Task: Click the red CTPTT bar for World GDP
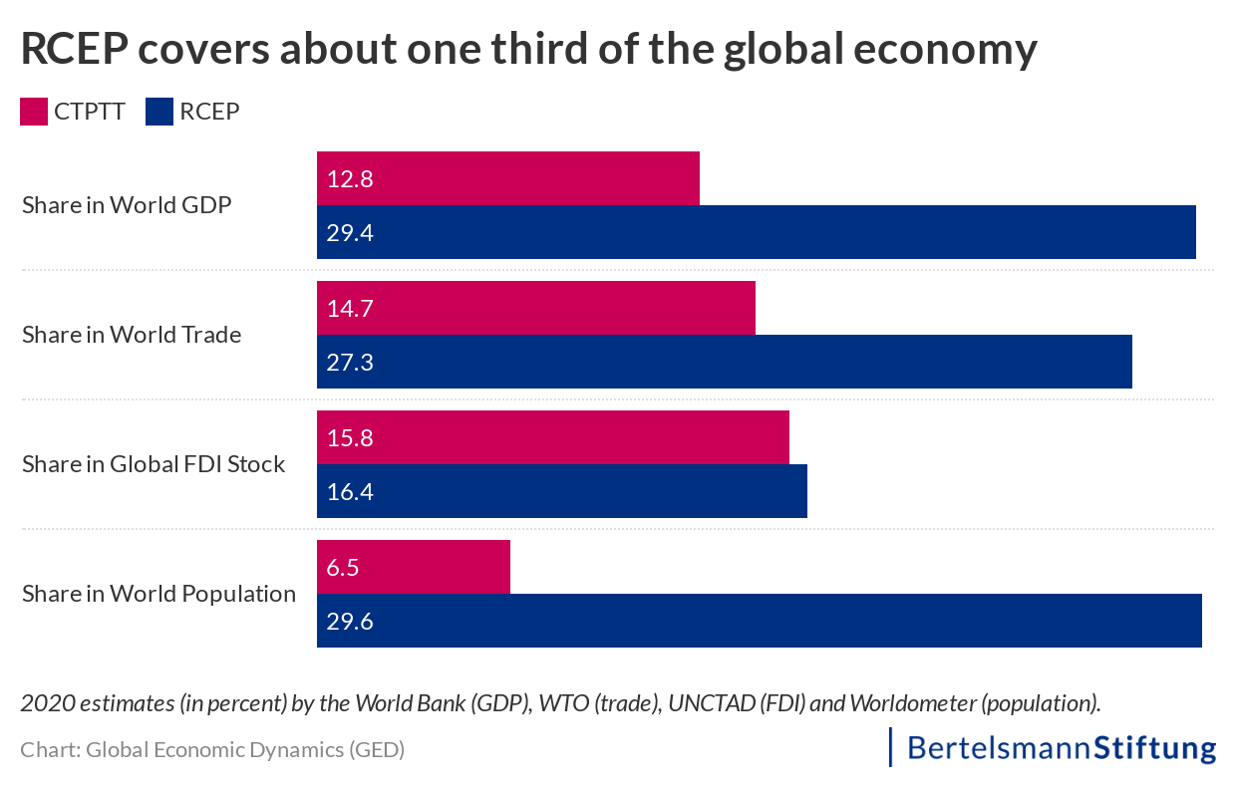click(x=508, y=178)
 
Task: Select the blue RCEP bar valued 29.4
click(x=756, y=232)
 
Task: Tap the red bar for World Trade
click(x=536, y=308)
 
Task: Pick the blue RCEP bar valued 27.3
click(x=724, y=362)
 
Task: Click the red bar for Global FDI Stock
click(x=553, y=437)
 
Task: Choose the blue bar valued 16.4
click(x=561, y=491)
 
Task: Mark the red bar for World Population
click(x=414, y=567)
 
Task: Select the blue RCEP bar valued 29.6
click(x=760, y=621)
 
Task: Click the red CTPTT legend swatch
click(x=34, y=112)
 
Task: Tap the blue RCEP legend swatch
click(x=159, y=112)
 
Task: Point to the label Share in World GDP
click(x=127, y=205)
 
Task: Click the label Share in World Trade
click(x=132, y=335)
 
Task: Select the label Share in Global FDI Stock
click(x=154, y=464)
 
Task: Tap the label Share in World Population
click(x=158, y=594)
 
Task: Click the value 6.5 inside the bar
click(x=343, y=568)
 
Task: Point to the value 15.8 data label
click(x=349, y=438)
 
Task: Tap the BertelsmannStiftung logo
click(x=1054, y=748)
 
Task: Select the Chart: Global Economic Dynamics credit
click(x=212, y=750)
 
